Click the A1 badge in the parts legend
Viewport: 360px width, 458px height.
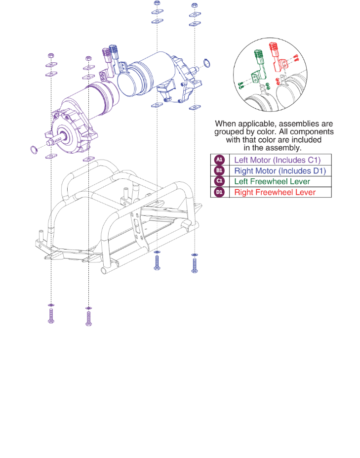click(219, 160)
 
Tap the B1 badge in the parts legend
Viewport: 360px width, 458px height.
click(219, 170)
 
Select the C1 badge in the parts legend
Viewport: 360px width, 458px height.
click(219, 181)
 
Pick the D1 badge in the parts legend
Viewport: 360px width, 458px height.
click(219, 192)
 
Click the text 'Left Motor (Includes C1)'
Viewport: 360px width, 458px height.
click(277, 160)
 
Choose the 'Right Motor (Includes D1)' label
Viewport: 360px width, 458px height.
click(280, 170)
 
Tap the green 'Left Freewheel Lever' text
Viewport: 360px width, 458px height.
click(272, 181)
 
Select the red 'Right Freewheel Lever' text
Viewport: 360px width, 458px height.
click(275, 192)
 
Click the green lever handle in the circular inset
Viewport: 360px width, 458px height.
click(258, 54)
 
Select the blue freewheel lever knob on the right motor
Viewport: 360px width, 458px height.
click(115, 49)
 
